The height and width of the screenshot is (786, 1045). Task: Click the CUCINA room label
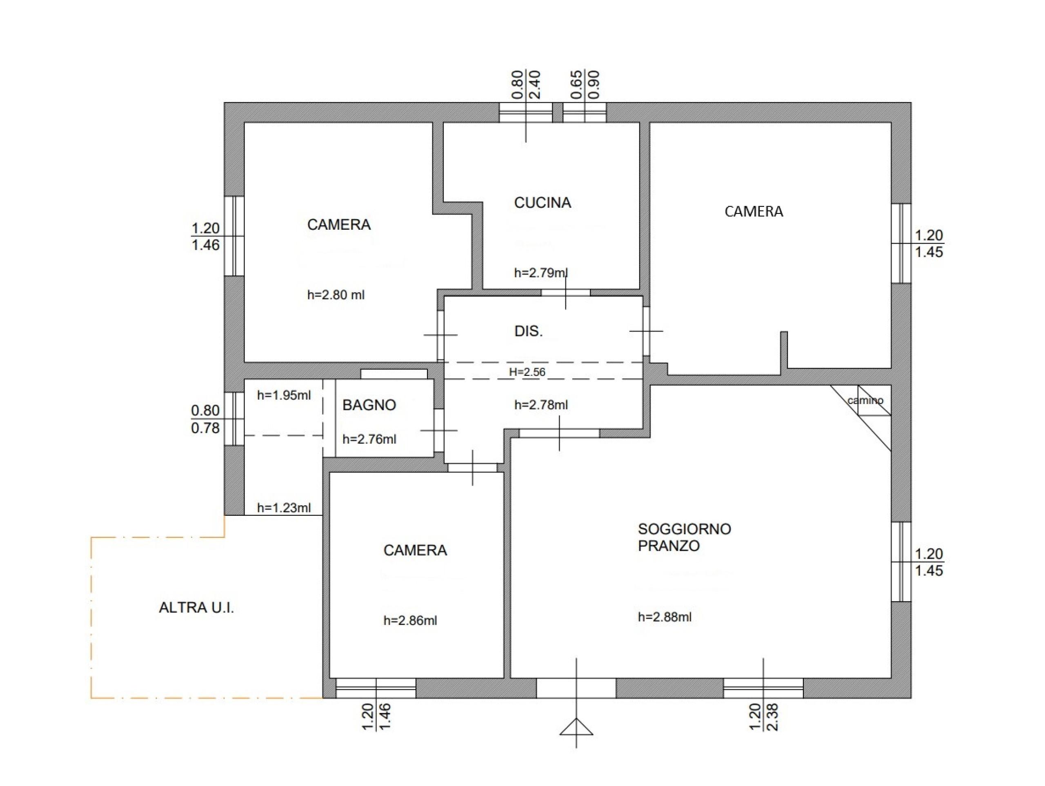click(543, 203)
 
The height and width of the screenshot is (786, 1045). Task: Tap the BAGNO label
click(369, 405)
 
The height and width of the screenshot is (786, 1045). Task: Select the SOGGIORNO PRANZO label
click(684, 537)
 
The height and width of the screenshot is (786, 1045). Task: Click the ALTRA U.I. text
click(196, 607)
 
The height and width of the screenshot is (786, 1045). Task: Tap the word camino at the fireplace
click(865, 401)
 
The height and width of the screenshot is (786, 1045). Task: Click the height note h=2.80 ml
click(336, 295)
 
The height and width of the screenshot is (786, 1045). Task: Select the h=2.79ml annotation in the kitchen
click(541, 273)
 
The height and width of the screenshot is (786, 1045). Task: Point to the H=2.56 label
click(527, 372)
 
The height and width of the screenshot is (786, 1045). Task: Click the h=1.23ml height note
click(284, 508)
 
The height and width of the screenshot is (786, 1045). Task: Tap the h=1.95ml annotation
click(284, 395)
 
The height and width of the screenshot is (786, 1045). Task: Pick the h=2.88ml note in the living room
click(665, 617)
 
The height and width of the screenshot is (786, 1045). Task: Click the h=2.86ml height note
click(410, 620)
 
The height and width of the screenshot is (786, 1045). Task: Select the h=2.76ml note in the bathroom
click(369, 439)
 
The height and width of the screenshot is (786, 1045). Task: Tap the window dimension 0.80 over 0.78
click(205, 419)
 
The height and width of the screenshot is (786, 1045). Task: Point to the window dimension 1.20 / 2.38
click(763, 717)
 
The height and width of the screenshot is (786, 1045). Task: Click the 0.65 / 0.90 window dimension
click(585, 84)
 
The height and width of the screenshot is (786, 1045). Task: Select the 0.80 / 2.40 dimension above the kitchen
click(526, 84)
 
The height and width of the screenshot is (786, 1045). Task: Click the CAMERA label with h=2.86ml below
click(415, 550)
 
